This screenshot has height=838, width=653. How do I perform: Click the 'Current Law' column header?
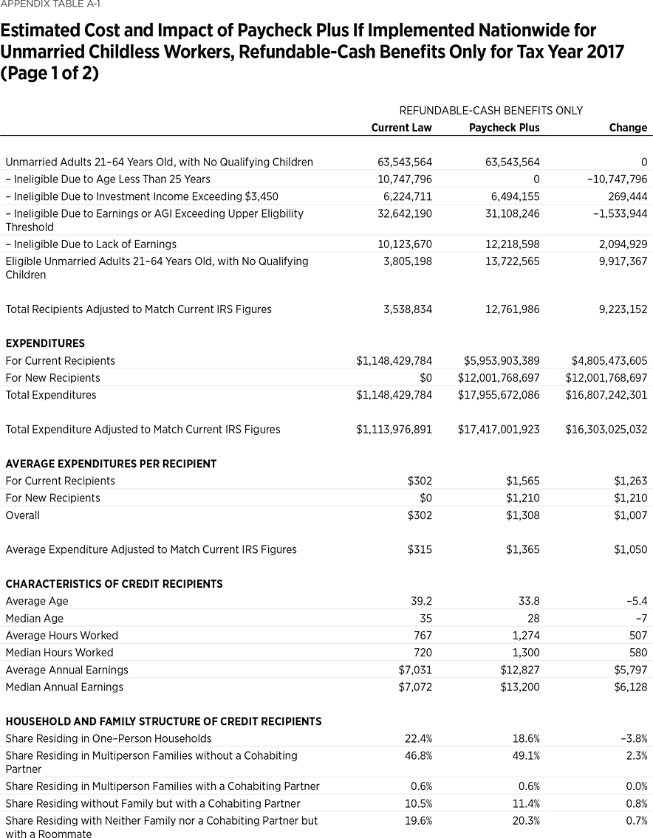401,128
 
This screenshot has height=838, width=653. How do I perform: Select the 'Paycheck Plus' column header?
504,128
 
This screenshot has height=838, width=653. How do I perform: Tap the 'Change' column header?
628,128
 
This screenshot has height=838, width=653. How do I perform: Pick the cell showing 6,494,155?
514,196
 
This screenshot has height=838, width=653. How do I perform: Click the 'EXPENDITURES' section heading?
45,343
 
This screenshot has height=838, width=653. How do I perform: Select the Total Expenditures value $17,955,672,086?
499,395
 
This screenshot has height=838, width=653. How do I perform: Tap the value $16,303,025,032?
606,430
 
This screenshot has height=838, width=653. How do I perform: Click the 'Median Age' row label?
35,619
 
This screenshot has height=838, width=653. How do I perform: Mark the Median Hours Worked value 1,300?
525,653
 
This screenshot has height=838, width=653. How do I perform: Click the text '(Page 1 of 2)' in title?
49,75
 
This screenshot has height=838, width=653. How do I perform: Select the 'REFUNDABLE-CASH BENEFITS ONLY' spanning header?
490,111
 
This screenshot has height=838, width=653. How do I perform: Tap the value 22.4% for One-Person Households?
418,739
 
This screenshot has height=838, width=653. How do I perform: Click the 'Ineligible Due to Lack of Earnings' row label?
91,244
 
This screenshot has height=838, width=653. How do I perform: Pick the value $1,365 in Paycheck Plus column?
523,550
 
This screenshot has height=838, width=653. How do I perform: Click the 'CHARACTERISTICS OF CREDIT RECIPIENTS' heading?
114,584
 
